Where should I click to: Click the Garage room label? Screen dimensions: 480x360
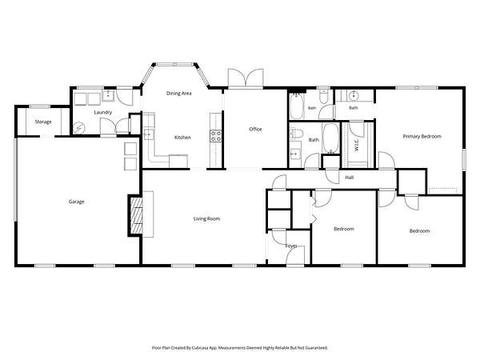pyautogui.click(x=76, y=202)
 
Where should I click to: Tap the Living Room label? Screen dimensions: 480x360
pyautogui.click(x=206, y=219)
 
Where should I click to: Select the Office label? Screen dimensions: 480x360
pyautogui.click(x=255, y=129)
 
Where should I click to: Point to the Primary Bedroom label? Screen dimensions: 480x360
pyautogui.click(x=422, y=137)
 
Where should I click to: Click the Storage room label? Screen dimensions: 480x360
pyautogui.click(x=43, y=122)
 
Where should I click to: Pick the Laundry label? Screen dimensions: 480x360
pyautogui.click(x=103, y=112)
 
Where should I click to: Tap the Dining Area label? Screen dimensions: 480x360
pyautogui.click(x=178, y=94)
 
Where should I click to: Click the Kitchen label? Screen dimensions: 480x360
pyautogui.click(x=182, y=138)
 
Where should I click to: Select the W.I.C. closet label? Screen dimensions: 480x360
pyautogui.click(x=357, y=146)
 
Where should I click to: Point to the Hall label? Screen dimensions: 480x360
pyautogui.click(x=350, y=178)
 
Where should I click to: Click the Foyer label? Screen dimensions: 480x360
pyautogui.click(x=291, y=246)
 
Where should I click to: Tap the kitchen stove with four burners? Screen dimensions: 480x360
pyautogui.click(x=215, y=136)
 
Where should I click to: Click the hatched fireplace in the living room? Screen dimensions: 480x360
pyautogui.click(x=137, y=215)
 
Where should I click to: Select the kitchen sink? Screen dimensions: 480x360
pyautogui.click(x=149, y=134)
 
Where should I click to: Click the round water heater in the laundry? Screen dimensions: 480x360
pyautogui.click(x=79, y=127)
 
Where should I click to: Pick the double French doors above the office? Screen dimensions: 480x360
pyautogui.click(x=246, y=78)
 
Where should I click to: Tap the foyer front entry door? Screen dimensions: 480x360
pyautogui.click(x=295, y=256)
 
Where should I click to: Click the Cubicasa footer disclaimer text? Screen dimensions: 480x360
pyautogui.click(x=240, y=348)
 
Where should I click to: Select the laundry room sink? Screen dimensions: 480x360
pyautogui.click(x=108, y=95)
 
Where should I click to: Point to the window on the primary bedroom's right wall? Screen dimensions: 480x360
pyautogui.click(x=464, y=159)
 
